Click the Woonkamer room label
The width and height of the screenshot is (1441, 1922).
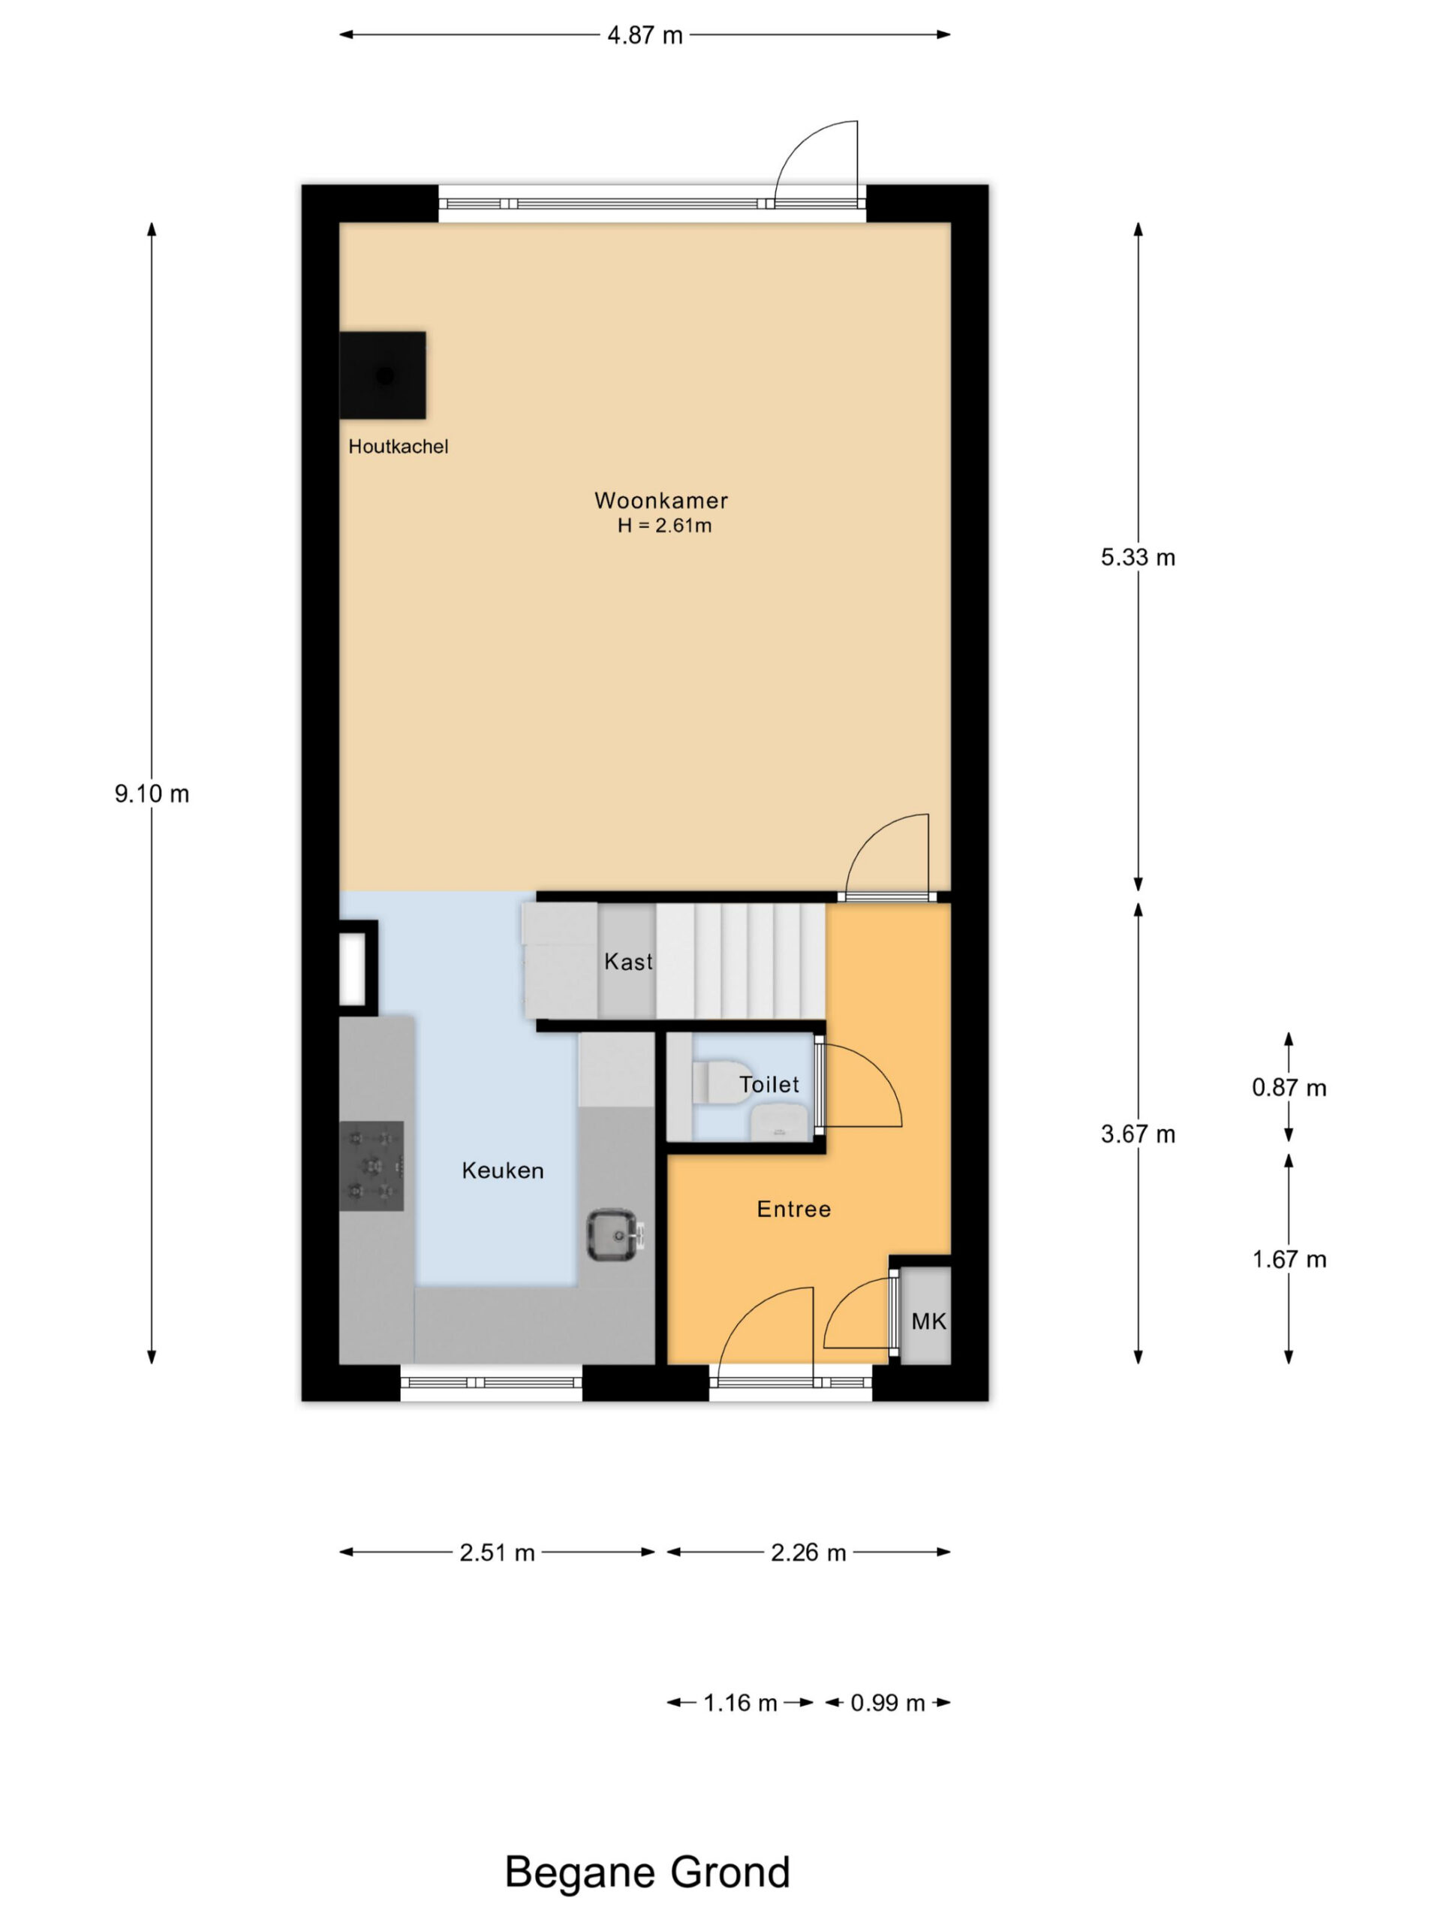[x=660, y=501]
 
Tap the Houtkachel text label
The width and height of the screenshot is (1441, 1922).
[x=398, y=447]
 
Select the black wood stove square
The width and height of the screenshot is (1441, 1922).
[x=382, y=375]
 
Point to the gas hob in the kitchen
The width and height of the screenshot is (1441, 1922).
[x=372, y=1166]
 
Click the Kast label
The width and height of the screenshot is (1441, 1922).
[x=628, y=962]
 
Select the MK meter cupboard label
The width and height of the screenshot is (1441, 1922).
[x=928, y=1321]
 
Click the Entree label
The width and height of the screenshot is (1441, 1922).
[x=793, y=1210]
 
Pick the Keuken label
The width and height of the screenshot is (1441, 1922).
[x=502, y=1170]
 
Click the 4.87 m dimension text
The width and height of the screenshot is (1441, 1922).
[x=645, y=35]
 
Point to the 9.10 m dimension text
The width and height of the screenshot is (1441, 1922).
[x=152, y=794]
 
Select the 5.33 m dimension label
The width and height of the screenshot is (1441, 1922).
[x=1138, y=557]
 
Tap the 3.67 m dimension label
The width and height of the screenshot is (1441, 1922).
[x=1138, y=1134]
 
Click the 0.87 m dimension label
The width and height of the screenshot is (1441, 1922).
[x=1289, y=1087]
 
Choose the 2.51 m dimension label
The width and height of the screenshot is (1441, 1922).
[x=497, y=1553]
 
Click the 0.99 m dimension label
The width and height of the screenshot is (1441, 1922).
[x=888, y=1702]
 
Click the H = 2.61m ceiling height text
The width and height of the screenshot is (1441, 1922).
[x=664, y=526]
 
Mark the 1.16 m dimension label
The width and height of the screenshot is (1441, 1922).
[x=740, y=1702]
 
